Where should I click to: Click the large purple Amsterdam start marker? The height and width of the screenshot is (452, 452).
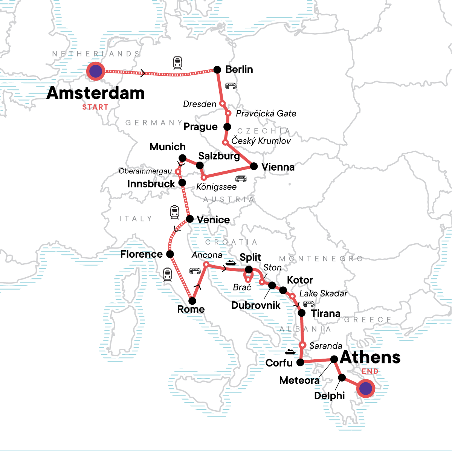pos(96,71)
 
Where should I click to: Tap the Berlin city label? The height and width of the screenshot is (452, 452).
pos(239,69)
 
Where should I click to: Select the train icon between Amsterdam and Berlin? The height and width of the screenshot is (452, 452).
pos(178,63)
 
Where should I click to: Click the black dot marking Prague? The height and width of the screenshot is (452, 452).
pos(227,127)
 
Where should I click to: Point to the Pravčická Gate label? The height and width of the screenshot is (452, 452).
pos(266,113)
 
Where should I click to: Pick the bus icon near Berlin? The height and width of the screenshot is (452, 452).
pos(231,86)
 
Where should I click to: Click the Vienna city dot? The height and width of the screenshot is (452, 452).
pos(254,166)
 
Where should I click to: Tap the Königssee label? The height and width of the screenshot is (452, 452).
pos(217,187)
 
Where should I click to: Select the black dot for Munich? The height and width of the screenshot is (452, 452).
pos(182,158)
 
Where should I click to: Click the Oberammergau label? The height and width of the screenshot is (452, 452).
pos(145,171)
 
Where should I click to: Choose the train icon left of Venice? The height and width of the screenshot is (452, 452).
pos(174,212)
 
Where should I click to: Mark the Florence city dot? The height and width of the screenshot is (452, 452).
pos(170,254)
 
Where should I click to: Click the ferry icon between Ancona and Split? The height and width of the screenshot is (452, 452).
pos(231,263)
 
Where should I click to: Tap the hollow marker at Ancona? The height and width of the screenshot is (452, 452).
pos(206,264)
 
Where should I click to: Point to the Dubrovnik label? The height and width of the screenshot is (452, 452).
pos(256,305)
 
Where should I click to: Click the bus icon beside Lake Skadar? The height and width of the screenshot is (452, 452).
pos(309,304)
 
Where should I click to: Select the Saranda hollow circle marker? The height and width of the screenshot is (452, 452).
pos(302,345)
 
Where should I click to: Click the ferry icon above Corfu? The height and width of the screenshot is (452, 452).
pos(290,352)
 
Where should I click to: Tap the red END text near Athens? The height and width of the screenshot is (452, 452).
pos(370,371)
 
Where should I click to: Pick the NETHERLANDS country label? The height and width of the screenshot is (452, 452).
pos(96,54)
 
